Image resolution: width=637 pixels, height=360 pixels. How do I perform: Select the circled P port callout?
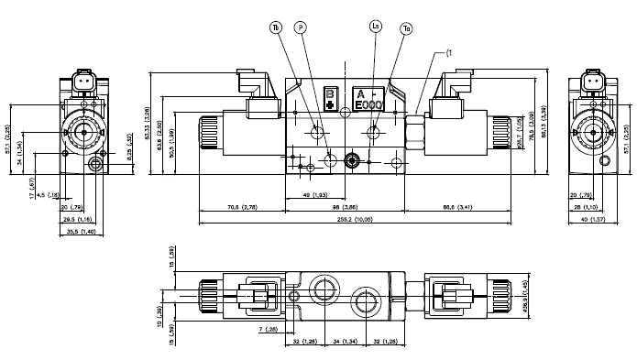point(300,27)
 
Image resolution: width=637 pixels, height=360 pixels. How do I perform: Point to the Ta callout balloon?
point(406,28)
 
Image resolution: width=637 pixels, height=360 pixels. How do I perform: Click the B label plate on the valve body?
point(331,99)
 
